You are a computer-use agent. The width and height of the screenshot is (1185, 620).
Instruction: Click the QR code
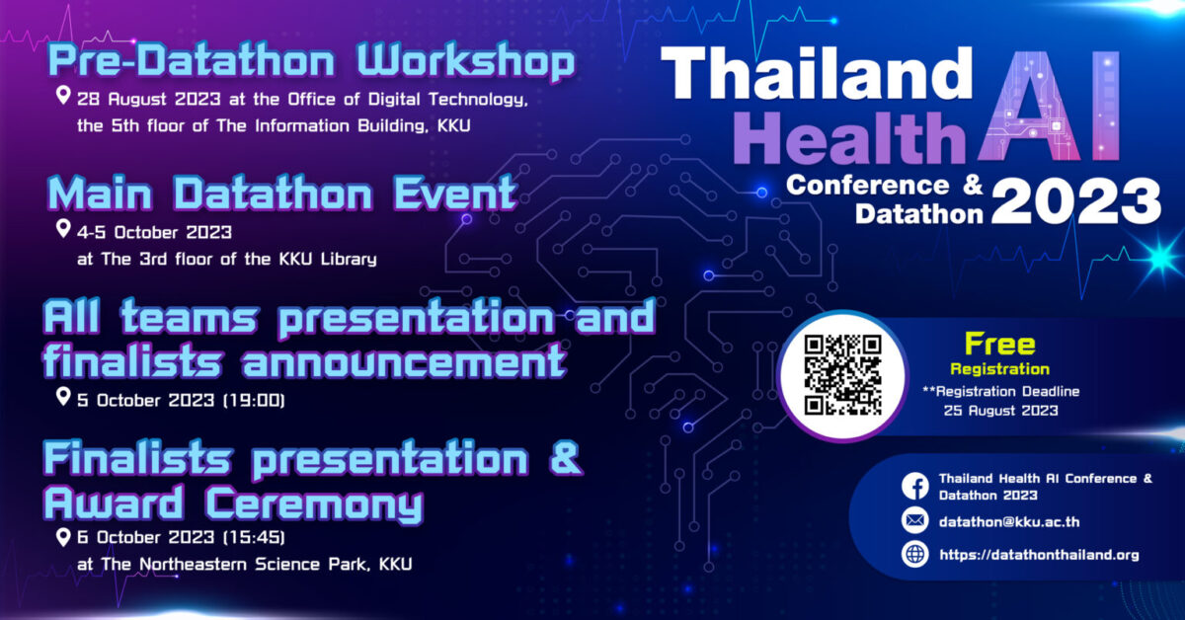pyautogui.click(x=842, y=375)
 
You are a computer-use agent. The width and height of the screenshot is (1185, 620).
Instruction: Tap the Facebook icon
pyautogui.click(x=915, y=486)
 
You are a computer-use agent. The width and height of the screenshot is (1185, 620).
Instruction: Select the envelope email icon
pyautogui.click(x=915, y=521)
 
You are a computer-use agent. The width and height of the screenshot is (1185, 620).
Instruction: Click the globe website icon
pyautogui.click(x=915, y=555)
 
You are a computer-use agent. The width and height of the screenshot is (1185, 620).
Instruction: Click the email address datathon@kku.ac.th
pyautogui.click(x=1009, y=521)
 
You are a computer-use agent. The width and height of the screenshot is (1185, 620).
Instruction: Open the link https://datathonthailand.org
pyautogui.click(x=1039, y=555)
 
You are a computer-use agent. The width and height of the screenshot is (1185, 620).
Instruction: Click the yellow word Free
pyautogui.click(x=999, y=345)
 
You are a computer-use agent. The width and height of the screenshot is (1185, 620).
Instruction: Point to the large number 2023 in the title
pyautogui.click(x=1076, y=200)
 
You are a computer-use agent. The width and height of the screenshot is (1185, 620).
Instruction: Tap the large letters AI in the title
pyautogui.click(x=1049, y=106)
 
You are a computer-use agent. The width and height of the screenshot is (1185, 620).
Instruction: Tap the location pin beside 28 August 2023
pyautogui.click(x=63, y=96)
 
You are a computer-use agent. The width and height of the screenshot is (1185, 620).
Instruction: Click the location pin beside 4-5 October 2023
pyautogui.click(x=63, y=229)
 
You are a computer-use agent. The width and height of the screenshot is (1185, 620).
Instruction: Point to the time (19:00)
pyautogui.click(x=254, y=401)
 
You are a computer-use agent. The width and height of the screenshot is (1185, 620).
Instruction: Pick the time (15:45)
pyautogui.click(x=254, y=537)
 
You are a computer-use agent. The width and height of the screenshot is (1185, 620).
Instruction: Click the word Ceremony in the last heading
pyautogui.click(x=314, y=504)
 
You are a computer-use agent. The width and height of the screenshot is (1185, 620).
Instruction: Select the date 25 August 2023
pyautogui.click(x=1001, y=411)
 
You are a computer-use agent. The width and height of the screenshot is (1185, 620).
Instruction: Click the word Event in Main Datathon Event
pyautogui.click(x=454, y=194)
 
